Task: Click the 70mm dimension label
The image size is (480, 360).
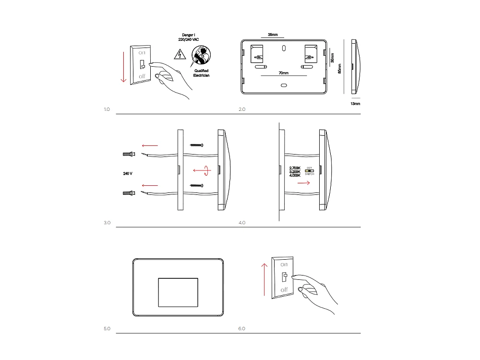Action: [284, 73]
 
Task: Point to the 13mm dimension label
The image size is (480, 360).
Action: [355, 104]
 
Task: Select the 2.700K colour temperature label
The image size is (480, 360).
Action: [295, 168]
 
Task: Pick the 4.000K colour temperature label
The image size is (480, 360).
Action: [295, 176]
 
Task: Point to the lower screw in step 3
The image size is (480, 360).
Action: [197, 185]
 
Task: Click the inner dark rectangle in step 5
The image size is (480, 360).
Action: [178, 292]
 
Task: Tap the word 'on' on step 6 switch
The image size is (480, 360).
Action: [284, 264]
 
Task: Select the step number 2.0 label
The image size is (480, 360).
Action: [242, 109]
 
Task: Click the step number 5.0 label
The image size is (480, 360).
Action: [107, 329]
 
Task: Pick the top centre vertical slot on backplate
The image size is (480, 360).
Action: [284, 48]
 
